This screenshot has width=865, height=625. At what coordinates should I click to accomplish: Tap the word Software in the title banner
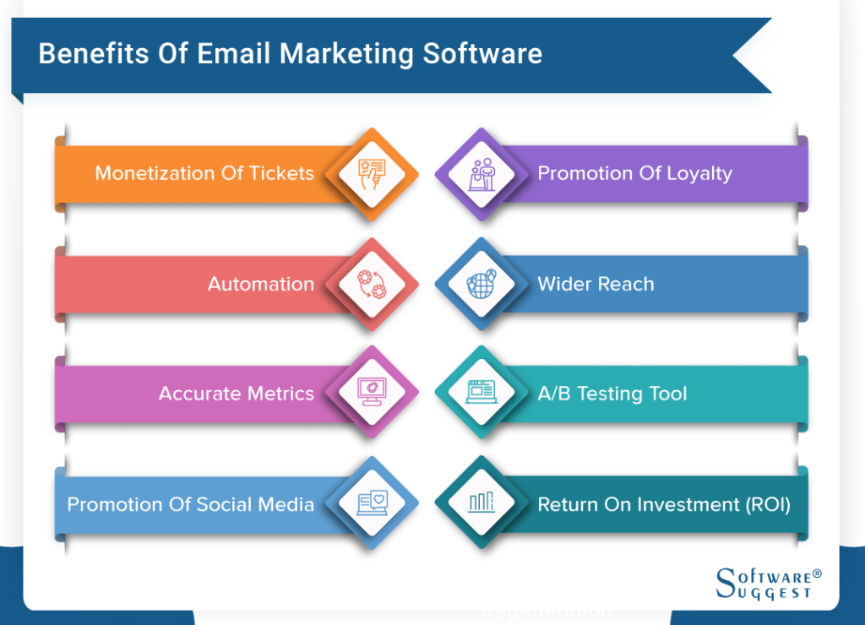click(482, 54)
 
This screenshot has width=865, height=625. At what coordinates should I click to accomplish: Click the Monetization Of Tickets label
click(204, 173)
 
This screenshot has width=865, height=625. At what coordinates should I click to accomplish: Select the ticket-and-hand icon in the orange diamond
click(372, 174)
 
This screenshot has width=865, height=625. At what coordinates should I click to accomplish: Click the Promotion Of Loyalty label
click(635, 174)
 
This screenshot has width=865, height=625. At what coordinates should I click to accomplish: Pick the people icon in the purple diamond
click(482, 174)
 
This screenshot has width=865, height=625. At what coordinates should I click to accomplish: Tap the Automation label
click(261, 284)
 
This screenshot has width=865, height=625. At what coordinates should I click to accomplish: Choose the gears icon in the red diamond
click(372, 284)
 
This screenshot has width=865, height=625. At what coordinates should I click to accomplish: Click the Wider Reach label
click(596, 284)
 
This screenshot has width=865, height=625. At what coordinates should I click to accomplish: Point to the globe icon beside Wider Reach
click(482, 284)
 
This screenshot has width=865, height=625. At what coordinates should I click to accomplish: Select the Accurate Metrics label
click(237, 394)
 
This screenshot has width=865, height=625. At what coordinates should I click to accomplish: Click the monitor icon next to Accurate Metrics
click(372, 392)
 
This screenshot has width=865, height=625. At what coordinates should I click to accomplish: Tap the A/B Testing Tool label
click(612, 394)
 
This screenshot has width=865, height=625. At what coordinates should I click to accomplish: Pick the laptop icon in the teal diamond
click(481, 392)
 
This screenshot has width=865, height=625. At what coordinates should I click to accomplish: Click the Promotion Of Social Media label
click(190, 504)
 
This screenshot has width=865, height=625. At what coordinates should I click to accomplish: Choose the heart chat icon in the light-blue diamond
click(373, 503)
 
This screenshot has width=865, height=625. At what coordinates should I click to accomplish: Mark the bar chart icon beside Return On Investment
click(481, 503)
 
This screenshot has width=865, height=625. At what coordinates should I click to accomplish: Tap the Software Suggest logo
click(769, 584)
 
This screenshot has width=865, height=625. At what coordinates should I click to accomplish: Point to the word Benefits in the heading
click(94, 54)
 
